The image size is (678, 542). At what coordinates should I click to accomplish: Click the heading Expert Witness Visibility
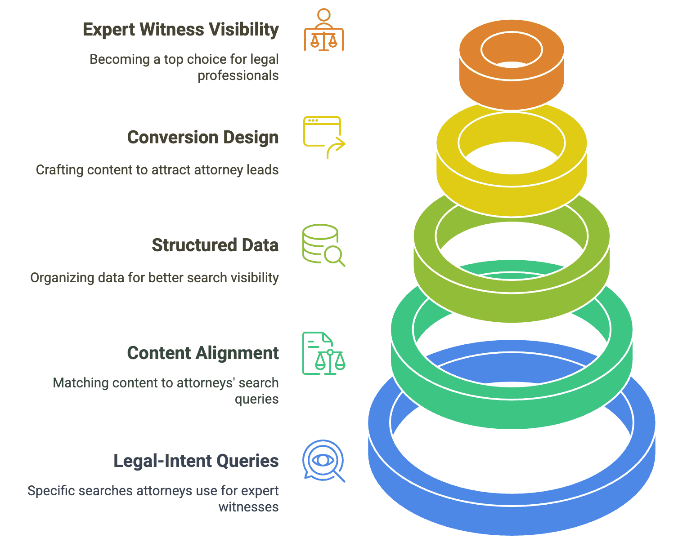pyautogui.click(x=181, y=30)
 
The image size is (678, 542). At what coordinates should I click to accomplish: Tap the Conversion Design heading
pyautogui.click(x=203, y=138)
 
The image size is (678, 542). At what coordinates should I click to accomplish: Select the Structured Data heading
pyautogui.click(x=215, y=245)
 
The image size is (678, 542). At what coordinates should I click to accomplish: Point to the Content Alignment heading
pyautogui.click(x=203, y=353)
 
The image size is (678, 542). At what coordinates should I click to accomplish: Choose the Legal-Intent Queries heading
pyautogui.click(x=196, y=461)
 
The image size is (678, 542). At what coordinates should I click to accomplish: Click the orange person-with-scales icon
pyautogui.click(x=323, y=30)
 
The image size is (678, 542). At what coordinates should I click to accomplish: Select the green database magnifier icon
pyautogui.click(x=323, y=245)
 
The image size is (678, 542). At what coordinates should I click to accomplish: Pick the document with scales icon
pyautogui.click(x=323, y=353)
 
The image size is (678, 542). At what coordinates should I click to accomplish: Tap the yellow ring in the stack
pyautogui.click(x=512, y=193)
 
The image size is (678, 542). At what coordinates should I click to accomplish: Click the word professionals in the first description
pyautogui.click(x=238, y=76)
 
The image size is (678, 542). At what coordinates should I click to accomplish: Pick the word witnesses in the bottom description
pyautogui.click(x=248, y=507)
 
